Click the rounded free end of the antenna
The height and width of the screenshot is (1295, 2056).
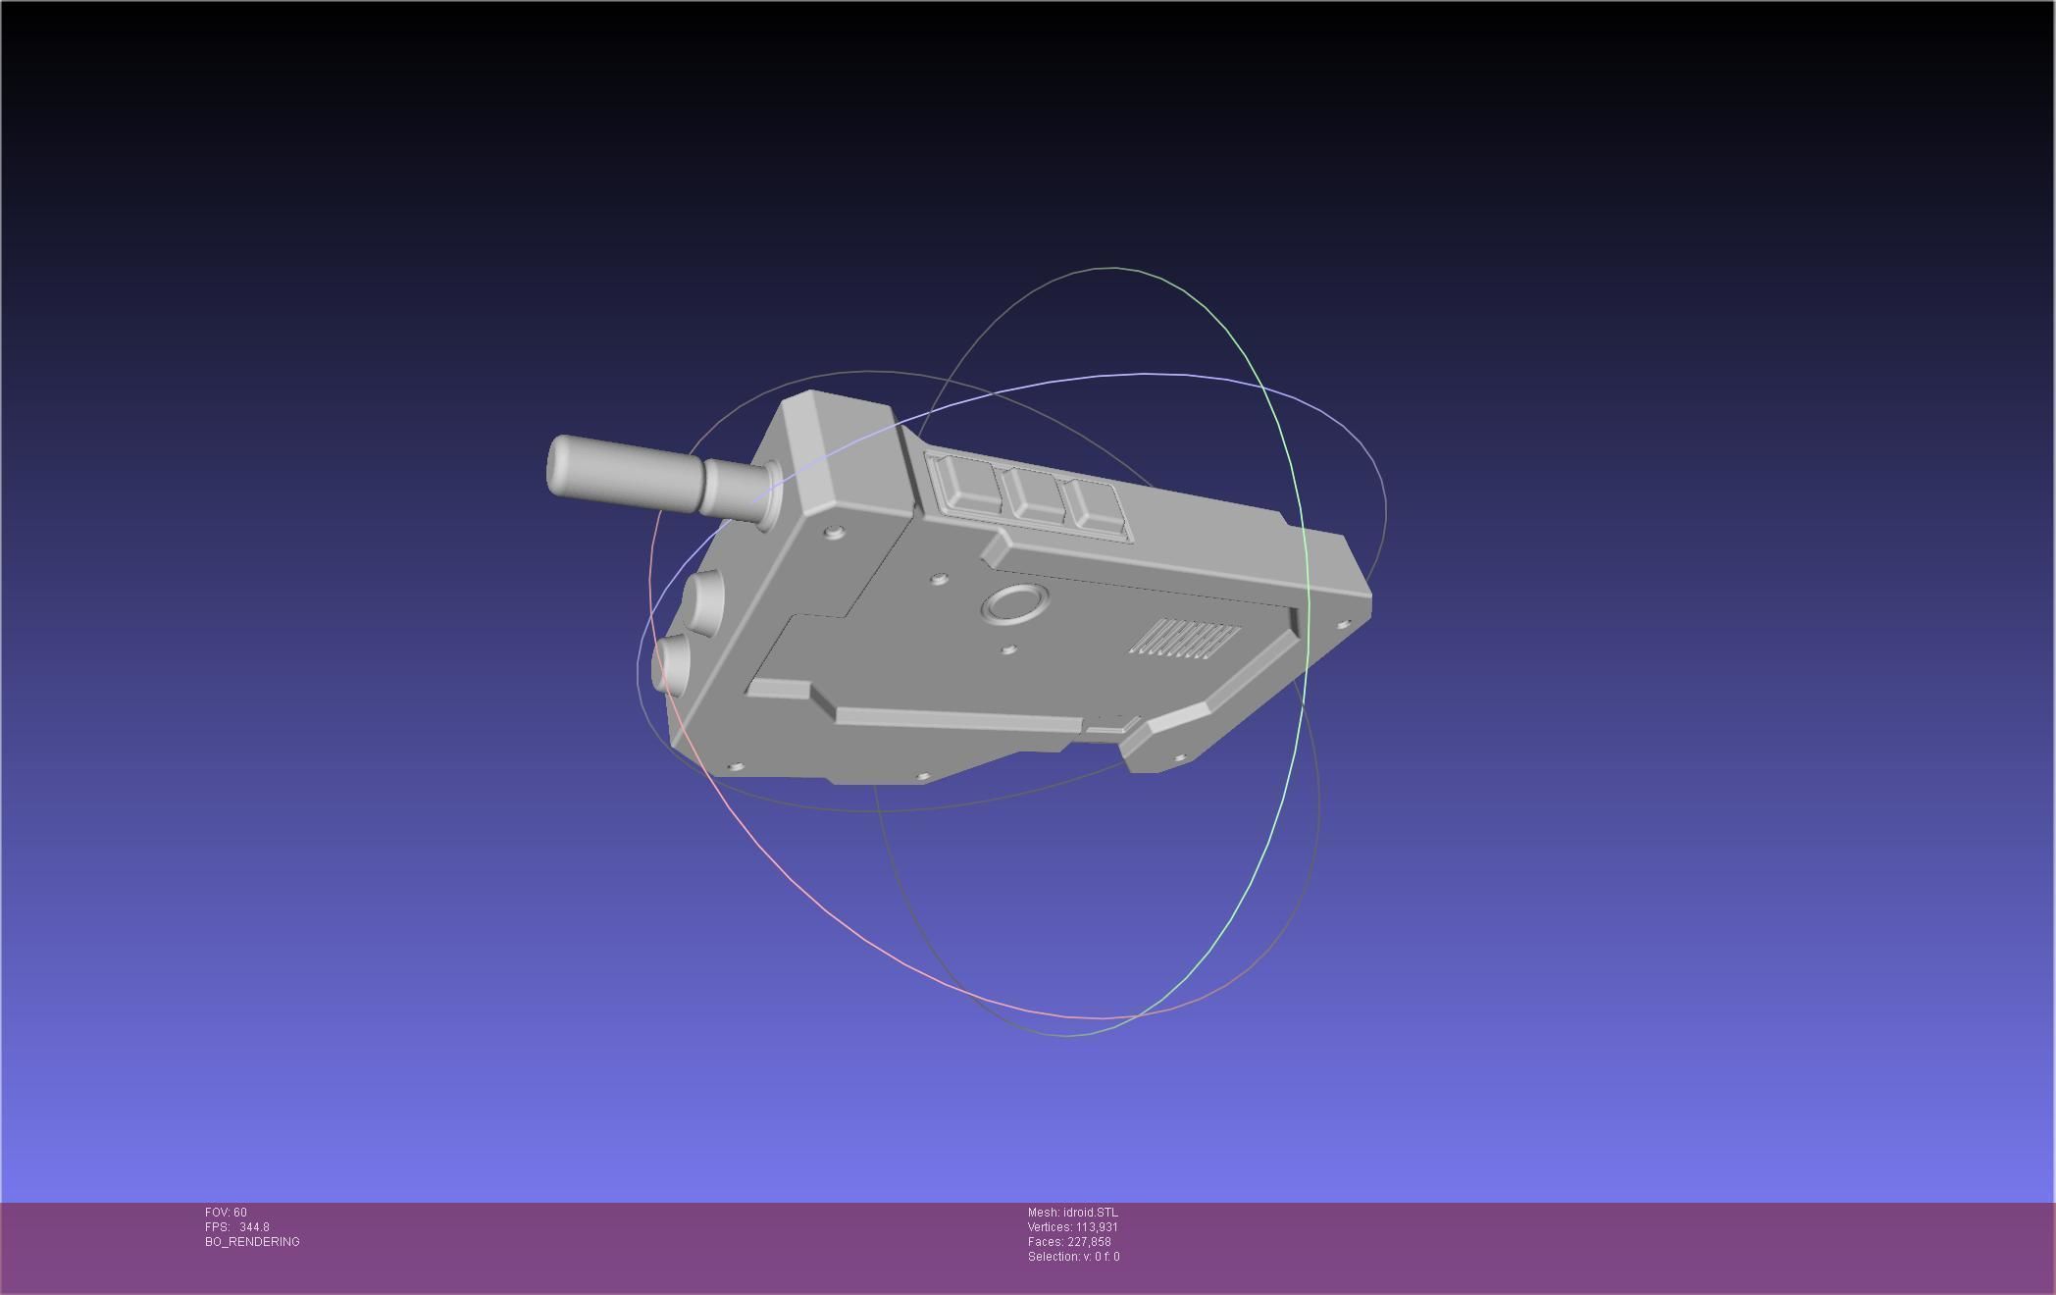click(x=557, y=466)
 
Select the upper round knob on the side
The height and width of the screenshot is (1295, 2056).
click(x=703, y=597)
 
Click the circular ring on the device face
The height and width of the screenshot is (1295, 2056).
click(x=1014, y=603)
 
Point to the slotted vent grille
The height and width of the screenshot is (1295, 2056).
click(x=1184, y=639)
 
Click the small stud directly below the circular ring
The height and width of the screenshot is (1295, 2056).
click(x=1008, y=648)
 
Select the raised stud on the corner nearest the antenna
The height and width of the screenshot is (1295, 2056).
click(x=835, y=532)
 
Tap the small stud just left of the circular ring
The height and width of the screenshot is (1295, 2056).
click(x=939, y=579)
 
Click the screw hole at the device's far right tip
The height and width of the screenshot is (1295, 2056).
click(x=1344, y=623)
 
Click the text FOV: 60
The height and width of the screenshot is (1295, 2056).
click(x=226, y=1213)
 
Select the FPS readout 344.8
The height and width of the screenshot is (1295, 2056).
click(x=254, y=1227)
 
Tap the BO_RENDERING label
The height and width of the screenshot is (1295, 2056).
click(x=252, y=1242)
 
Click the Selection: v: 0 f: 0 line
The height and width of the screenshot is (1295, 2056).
click(x=1073, y=1257)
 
